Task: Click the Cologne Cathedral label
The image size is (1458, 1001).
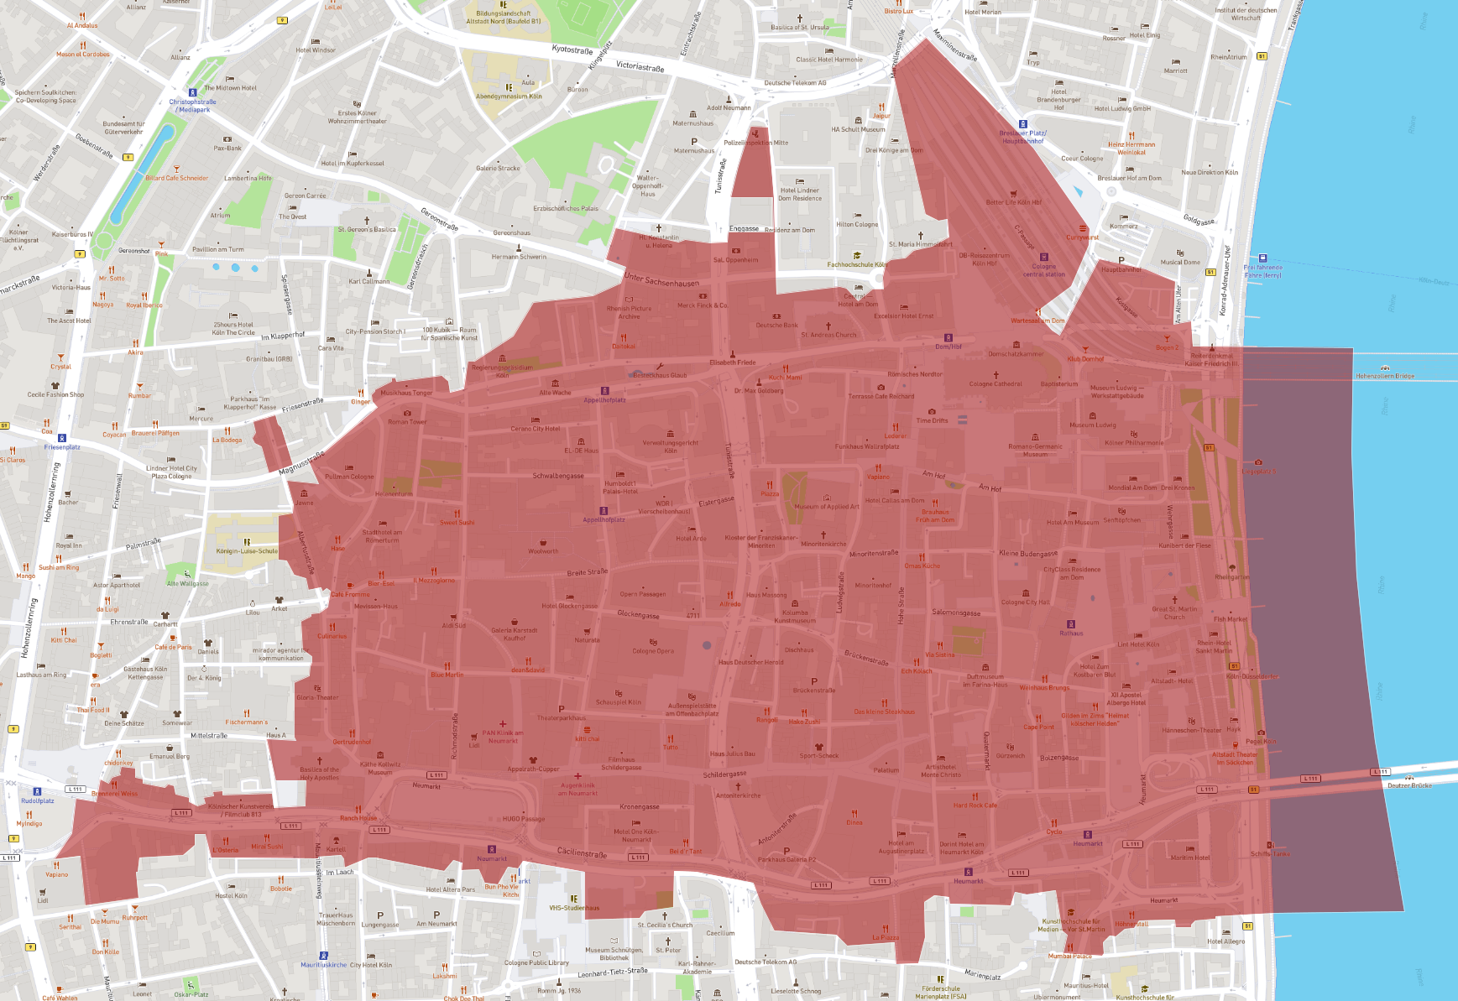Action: pyautogui.click(x=996, y=383)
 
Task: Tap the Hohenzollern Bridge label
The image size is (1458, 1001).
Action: pyautogui.click(x=1385, y=376)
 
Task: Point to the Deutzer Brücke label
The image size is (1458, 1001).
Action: pyautogui.click(x=1409, y=785)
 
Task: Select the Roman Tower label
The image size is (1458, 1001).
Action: pyautogui.click(x=407, y=422)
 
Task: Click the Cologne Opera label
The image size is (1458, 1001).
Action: pyautogui.click(x=653, y=650)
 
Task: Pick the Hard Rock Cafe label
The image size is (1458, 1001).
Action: pyautogui.click(x=975, y=805)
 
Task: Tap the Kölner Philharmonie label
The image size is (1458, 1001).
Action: pyautogui.click(x=1134, y=442)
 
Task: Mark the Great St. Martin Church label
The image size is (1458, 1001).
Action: pyautogui.click(x=1174, y=613)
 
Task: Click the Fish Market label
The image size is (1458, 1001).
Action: pyautogui.click(x=1231, y=619)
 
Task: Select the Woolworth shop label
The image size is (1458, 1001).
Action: pyautogui.click(x=543, y=551)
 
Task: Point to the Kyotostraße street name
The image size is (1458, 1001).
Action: pyautogui.click(x=572, y=50)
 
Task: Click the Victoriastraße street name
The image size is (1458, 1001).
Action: pyautogui.click(x=640, y=66)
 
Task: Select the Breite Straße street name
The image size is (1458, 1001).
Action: pyautogui.click(x=587, y=572)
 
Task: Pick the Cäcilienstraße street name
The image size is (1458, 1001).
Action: pyautogui.click(x=582, y=853)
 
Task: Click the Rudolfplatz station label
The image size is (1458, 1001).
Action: pyautogui.click(x=37, y=800)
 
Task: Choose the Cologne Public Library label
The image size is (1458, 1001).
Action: pyautogui.click(x=536, y=962)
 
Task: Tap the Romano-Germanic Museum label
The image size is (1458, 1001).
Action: pyautogui.click(x=1035, y=450)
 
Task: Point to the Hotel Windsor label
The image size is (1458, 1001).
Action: pyautogui.click(x=316, y=50)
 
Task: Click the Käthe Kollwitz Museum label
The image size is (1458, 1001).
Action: pyautogui.click(x=380, y=768)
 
